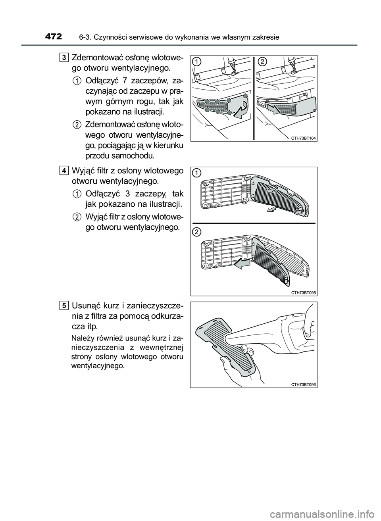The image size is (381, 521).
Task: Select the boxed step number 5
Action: [64, 306]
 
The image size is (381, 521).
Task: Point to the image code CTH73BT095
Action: [303, 292]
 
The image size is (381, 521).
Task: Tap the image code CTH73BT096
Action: [303, 385]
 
